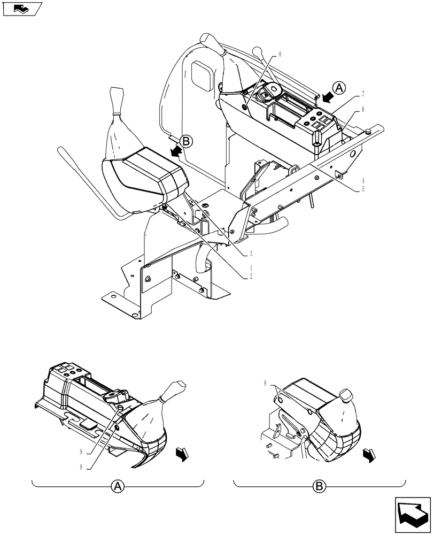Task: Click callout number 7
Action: point(363,94)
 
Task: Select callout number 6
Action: point(363,109)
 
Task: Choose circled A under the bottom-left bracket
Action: point(118,486)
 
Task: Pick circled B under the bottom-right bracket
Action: point(319,486)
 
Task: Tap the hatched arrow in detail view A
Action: point(182,454)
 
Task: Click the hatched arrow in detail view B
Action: point(369,455)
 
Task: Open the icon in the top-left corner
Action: point(22,9)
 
